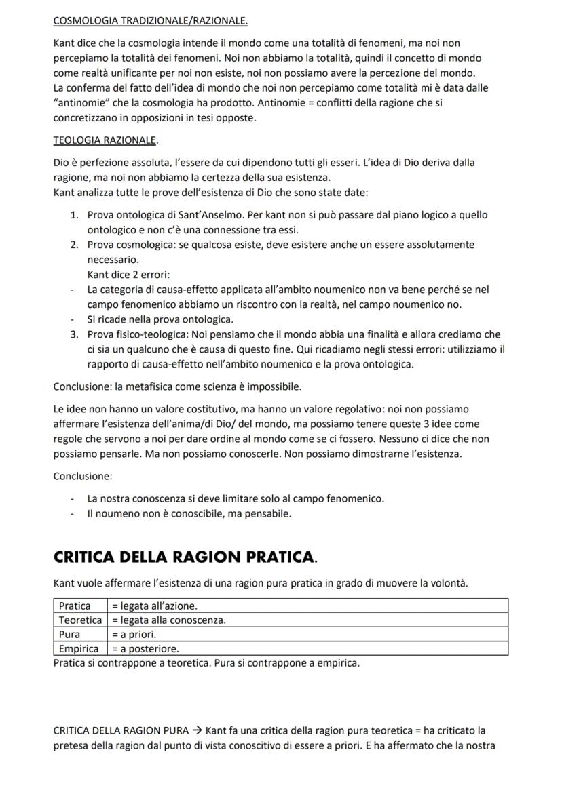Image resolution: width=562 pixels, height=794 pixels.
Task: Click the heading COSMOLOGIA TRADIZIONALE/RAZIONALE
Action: coord(150,21)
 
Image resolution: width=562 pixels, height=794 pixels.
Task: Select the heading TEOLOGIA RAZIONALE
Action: coord(105,140)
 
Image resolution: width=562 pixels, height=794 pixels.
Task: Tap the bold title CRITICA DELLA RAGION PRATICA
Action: coord(185,557)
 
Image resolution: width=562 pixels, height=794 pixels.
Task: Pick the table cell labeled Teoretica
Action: coord(80,620)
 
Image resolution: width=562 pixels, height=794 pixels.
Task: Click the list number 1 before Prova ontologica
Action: coord(74,215)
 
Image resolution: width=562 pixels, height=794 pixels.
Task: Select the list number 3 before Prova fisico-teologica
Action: coord(74,334)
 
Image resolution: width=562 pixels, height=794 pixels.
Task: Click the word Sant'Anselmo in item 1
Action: coord(206,215)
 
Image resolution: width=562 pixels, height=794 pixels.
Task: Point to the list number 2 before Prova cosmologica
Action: coord(74,245)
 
